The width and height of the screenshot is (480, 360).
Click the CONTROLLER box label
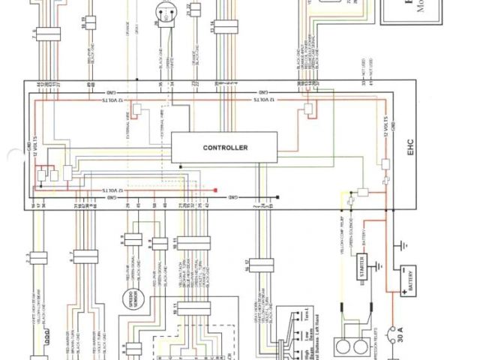pos(225,148)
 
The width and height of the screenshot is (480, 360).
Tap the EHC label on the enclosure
pos(410,148)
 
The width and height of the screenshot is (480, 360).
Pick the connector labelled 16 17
pos(260,265)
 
